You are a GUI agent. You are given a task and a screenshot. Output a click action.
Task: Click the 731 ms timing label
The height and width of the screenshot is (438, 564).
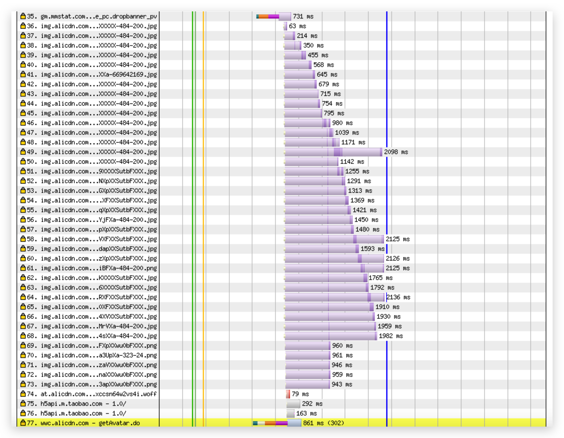pyautogui.click(x=303, y=17)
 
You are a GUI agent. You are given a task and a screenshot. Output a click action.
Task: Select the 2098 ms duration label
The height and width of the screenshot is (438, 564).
pyautogui.click(x=396, y=152)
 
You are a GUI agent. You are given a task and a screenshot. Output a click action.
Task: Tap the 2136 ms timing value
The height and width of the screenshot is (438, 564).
pyautogui.click(x=399, y=297)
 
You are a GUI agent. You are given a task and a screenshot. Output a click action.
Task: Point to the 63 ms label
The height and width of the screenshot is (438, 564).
pyautogui.click(x=297, y=26)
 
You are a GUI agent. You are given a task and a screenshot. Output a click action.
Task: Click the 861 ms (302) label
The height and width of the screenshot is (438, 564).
pyautogui.click(x=323, y=423)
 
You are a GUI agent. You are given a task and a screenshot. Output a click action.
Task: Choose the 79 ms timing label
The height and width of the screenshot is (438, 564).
pyautogui.click(x=300, y=394)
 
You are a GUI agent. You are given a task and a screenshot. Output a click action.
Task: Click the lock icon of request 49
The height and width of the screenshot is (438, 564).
pyautogui.click(x=23, y=152)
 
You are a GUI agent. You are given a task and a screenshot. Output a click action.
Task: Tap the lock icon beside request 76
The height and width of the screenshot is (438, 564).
pyautogui.click(x=23, y=413)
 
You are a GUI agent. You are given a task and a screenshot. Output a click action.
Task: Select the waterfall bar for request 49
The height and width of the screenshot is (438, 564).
pyautogui.click(x=333, y=152)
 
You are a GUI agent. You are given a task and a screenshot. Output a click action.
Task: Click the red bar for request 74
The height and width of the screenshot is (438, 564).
pyautogui.click(x=288, y=394)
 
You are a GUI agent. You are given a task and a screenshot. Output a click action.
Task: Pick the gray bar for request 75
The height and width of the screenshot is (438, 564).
pyautogui.click(x=293, y=404)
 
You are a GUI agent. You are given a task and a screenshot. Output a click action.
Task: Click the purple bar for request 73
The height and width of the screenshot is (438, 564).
pyautogui.click(x=308, y=384)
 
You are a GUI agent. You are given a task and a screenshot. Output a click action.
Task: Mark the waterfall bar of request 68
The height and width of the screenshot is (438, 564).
pyautogui.click(x=331, y=336)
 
